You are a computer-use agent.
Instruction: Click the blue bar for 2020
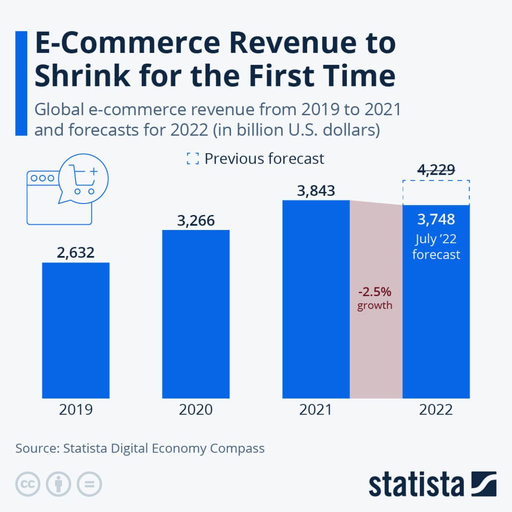click(196, 314)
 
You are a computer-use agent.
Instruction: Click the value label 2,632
click(75, 252)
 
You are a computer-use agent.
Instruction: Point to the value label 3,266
click(196, 220)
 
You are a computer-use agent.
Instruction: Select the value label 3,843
click(316, 191)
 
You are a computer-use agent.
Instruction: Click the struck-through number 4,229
click(436, 169)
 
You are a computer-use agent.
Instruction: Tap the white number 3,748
click(436, 219)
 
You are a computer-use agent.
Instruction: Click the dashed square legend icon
click(192, 158)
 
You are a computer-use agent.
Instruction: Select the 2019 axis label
click(75, 410)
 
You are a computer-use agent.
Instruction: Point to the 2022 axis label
click(436, 410)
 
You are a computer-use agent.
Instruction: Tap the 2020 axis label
click(196, 410)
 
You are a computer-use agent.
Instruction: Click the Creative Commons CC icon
click(28, 484)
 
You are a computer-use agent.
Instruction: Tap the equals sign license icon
click(89, 484)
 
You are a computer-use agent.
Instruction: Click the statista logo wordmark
click(416, 485)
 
